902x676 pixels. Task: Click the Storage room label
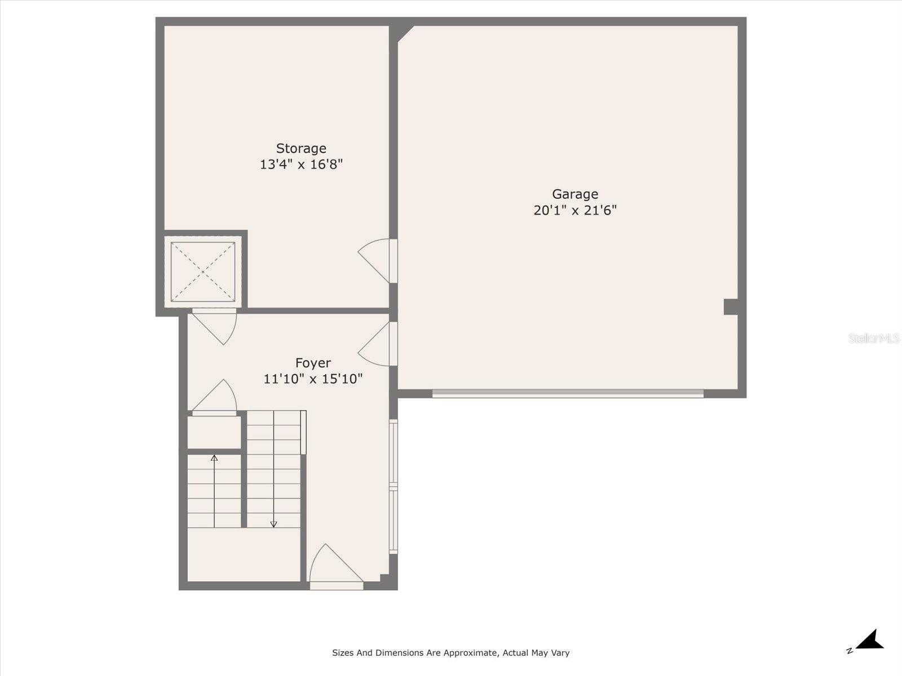coord(301,148)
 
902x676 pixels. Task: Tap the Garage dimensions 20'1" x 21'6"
coord(575,210)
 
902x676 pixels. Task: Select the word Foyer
coord(313,363)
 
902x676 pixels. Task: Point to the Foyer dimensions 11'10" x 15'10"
coord(313,379)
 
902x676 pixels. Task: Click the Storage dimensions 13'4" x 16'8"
coord(301,164)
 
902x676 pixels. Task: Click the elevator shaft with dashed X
coord(203,272)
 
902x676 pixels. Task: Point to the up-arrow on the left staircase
coord(214,459)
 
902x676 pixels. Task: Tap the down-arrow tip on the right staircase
coord(273,524)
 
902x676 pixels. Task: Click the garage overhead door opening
coord(568,394)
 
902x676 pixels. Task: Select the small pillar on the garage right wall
coord(731,307)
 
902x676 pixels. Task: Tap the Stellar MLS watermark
coord(874,338)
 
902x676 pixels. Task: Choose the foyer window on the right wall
coord(393,487)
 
